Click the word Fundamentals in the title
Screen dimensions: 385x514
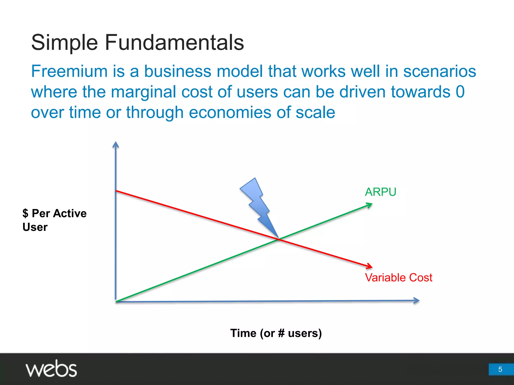pos(174,43)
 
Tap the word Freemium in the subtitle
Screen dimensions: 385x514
pos(69,71)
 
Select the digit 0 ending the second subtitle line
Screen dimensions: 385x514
pos(460,92)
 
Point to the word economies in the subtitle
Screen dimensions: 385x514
pos(230,112)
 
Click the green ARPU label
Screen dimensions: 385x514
pos(380,192)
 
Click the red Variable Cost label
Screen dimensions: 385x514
pos(399,278)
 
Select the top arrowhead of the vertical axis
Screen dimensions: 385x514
pos(115,144)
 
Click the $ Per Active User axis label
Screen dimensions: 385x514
pos(54,220)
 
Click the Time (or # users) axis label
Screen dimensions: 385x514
pos(276,333)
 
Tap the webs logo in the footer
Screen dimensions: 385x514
pos(51,369)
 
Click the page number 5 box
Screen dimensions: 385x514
pos(500,369)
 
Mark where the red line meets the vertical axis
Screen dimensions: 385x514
pos(116,191)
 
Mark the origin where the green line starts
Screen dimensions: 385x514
pos(116,301)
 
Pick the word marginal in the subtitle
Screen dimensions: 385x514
pos(144,92)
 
